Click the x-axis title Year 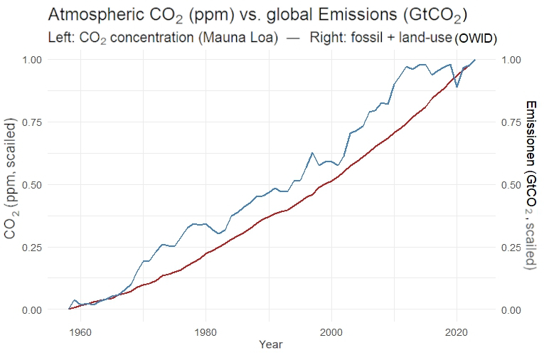pos(271,345)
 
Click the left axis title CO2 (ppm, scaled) pos(12,184)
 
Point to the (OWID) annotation pos(475,37)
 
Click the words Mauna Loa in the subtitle pos(245,36)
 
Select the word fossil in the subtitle pos(361,36)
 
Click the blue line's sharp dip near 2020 pos(457,87)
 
